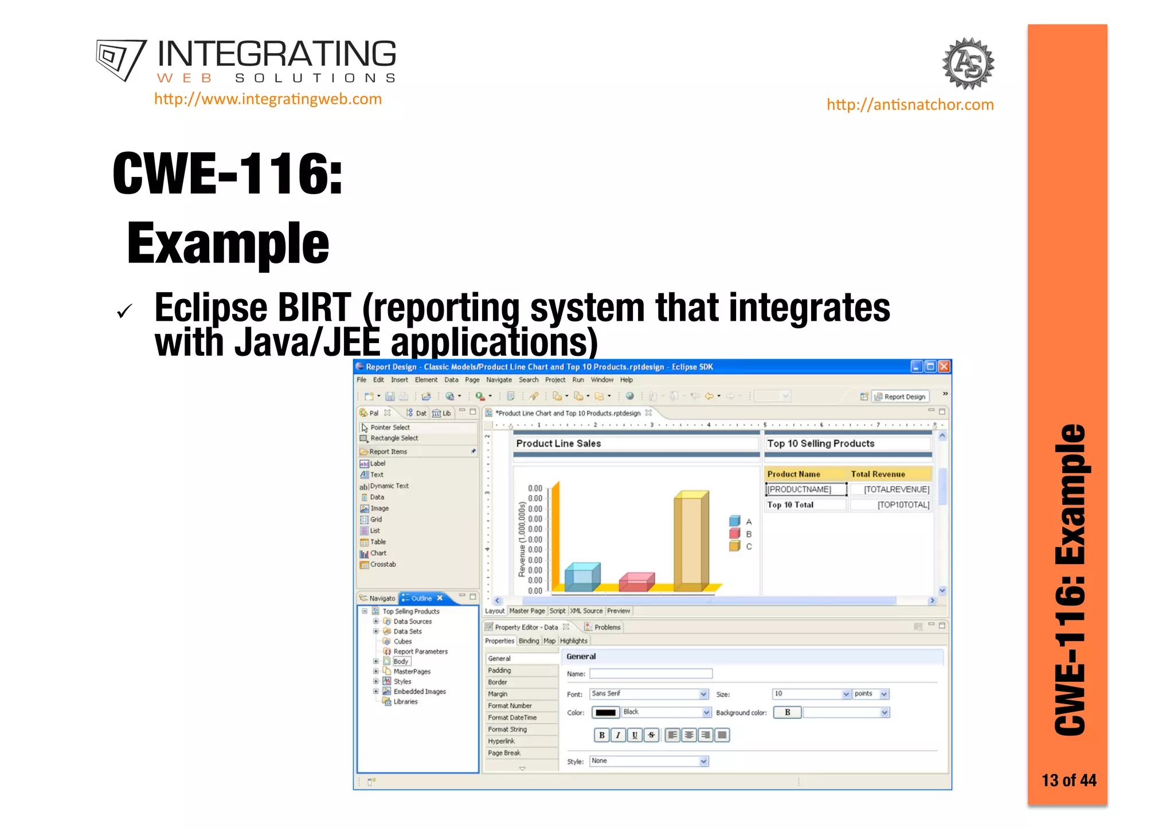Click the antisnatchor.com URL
tap(910, 105)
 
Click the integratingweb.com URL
tap(268, 99)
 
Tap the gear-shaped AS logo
tap(968, 64)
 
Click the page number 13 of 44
tap(1069, 780)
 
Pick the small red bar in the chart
tap(636, 582)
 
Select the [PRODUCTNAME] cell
tap(805, 489)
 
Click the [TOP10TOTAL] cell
tap(902, 505)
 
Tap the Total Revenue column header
tap(878, 474)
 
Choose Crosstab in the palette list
tap(382, 564)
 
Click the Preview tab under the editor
tap(618, 611)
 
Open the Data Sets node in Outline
tap(407, 631)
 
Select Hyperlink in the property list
tap(502, 741)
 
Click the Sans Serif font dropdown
tap(649, 694)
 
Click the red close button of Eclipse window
tap(944, 367)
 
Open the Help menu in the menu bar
tap(626, 380)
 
